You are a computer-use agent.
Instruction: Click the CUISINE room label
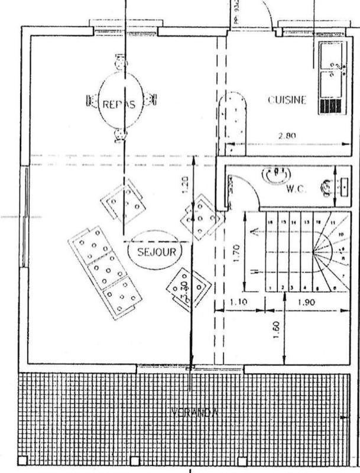tap(287, 100)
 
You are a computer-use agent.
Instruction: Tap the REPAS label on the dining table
tap(119, 104)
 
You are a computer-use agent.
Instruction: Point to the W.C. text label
tap(295, 190)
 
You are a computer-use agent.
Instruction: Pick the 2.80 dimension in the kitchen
tap(287, 135)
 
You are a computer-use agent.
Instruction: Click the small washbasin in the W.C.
tap(327, 187)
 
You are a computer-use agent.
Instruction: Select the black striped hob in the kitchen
tap(331, 106)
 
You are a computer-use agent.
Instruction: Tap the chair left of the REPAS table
tap(92, 101)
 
